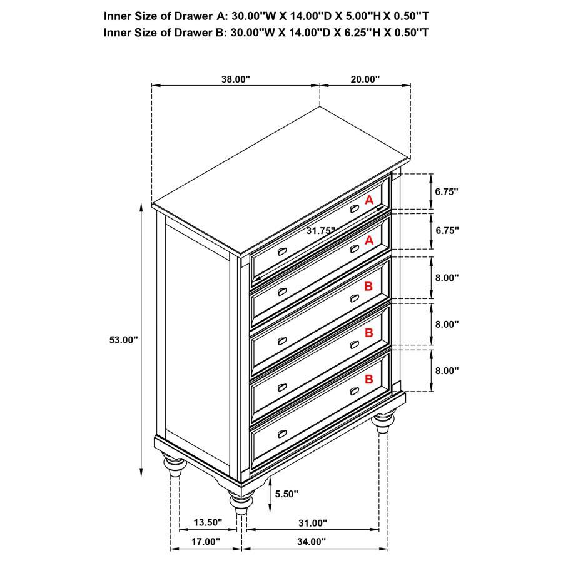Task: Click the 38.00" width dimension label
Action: (x=236, y=79)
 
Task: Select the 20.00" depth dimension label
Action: (x=365, y=79)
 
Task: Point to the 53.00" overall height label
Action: (x=123, y=340)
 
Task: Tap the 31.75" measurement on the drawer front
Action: (x=321, y=230)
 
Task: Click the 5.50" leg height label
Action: (x=287, y=494)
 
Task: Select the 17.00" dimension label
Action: (x=205, y=542)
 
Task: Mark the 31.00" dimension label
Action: (x=312, y=523)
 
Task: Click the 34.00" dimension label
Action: (x=312, y=542)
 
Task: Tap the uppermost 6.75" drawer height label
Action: (x=447, y=191)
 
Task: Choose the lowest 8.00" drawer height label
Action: (x=447, y=370)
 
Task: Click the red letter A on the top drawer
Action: (x=369, y=200)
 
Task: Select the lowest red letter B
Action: (x=369, y=379)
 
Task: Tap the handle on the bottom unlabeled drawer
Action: (x=281, y=434)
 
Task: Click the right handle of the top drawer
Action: (x=355, y=209)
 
